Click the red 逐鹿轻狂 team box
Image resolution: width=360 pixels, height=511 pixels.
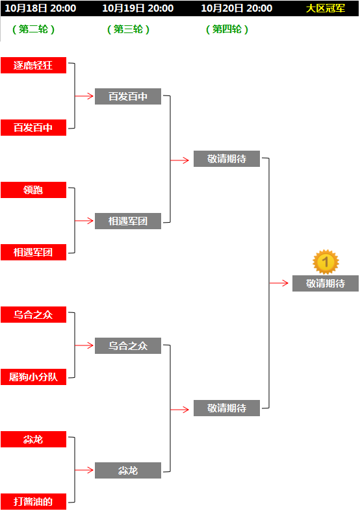(33, 65)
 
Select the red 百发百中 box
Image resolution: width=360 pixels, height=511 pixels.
(33, 127)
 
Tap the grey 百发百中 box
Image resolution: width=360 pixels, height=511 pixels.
(128, 97)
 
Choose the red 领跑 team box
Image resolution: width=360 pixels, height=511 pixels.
(33, 190)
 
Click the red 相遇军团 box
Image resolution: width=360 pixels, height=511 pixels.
(33, 252)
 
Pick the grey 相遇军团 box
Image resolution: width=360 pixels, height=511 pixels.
(128, 221)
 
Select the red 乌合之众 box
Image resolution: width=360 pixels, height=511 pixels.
(33, 314)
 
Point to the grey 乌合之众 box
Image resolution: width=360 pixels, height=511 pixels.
(128, 346)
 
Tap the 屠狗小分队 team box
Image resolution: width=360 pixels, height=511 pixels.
(33, 377)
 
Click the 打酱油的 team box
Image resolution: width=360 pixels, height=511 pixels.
(33, 501)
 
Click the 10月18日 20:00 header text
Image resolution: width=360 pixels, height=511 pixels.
(40, 8)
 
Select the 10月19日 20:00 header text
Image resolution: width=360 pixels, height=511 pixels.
(138, 8)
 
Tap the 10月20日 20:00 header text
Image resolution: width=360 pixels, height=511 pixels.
(237, 8)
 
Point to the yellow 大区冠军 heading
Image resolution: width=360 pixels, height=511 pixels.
(326, 8)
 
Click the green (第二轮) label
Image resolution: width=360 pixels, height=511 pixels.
(33, 29)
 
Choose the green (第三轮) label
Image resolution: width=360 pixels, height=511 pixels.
(128, 29)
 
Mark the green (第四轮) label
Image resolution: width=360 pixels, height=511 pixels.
(227, 29)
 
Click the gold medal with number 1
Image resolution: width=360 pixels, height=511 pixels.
(326, 262)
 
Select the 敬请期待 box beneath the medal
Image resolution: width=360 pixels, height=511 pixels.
(326, 284)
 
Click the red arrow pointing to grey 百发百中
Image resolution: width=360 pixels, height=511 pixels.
(84, 96)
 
